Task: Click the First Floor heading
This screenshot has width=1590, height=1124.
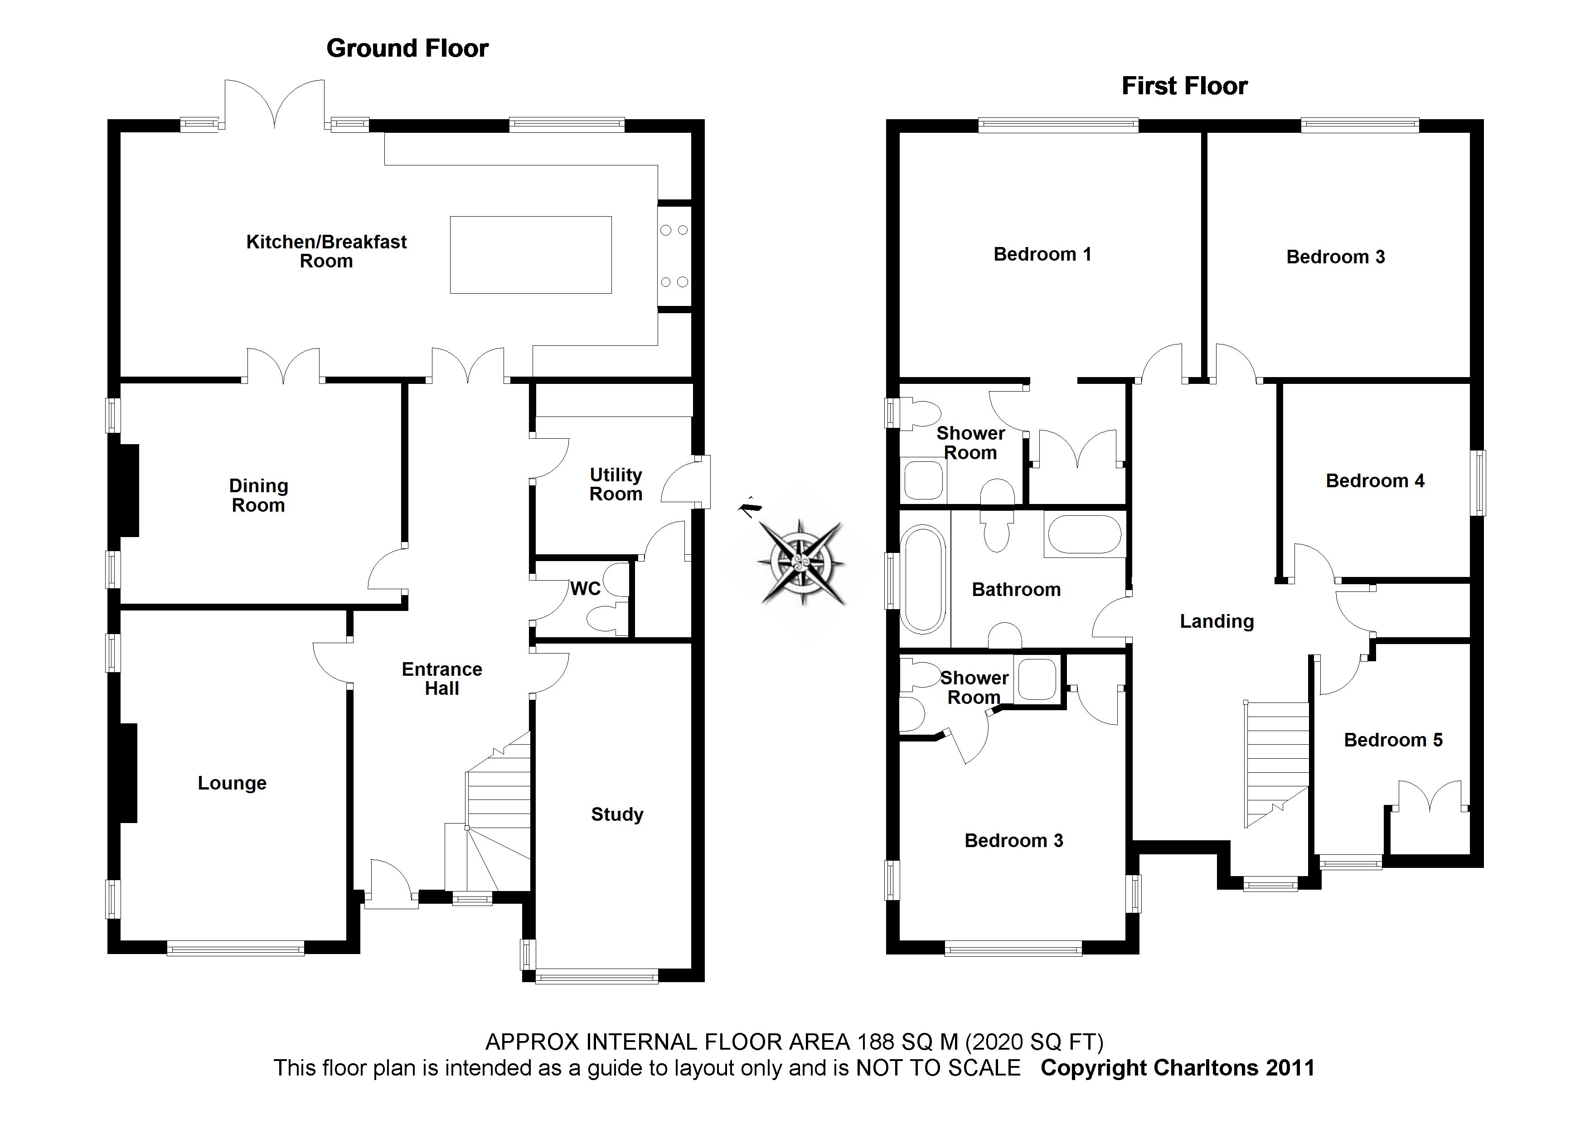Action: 1184,86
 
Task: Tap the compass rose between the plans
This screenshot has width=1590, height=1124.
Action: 801,561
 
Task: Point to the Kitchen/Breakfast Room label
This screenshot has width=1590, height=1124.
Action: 326,252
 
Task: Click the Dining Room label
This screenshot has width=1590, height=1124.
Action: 258,495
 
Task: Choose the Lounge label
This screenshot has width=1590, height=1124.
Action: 232,783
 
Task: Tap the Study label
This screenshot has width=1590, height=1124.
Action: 617,814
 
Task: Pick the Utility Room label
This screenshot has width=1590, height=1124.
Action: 616,484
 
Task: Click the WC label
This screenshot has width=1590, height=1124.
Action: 585,589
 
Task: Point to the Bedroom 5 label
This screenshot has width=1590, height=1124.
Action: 1393,740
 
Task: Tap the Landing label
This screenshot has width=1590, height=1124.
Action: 1217,621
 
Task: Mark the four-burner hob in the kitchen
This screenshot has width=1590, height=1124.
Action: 674,256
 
